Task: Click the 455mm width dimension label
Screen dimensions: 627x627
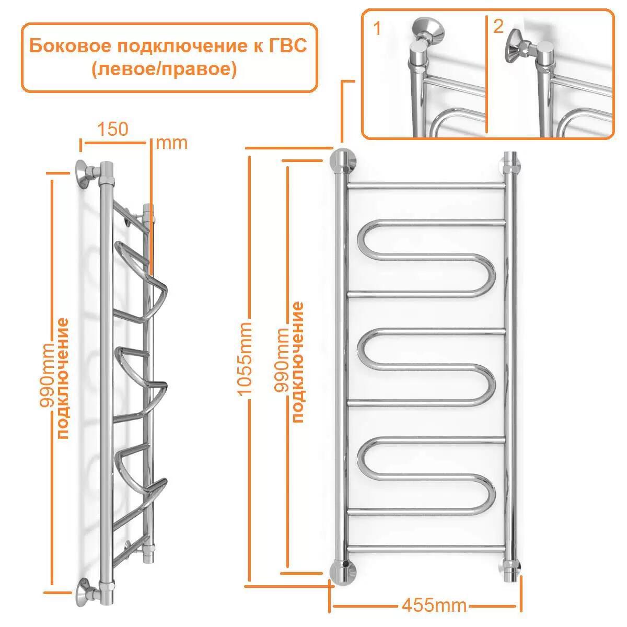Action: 433,606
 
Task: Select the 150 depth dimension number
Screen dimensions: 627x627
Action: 112,129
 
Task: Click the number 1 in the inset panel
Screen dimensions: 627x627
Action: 377,29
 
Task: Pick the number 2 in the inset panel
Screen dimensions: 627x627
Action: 498,27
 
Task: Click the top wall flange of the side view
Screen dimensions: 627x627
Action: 84,173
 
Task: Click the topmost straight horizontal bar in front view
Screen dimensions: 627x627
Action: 426,185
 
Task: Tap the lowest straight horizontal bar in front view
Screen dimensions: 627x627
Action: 426,548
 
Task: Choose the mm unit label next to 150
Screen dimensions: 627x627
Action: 171,143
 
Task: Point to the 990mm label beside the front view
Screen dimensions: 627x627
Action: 282,360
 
